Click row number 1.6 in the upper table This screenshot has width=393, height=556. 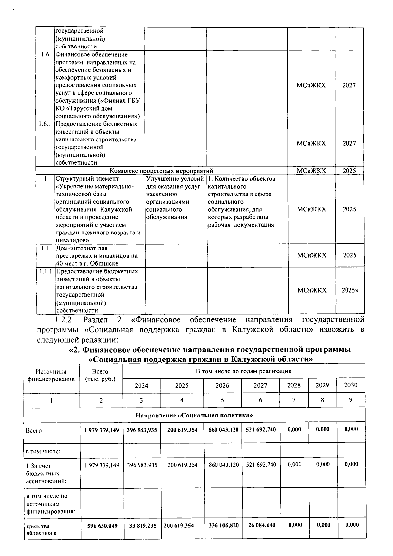[x=45, y=55]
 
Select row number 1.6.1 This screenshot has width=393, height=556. [x=45, y=124]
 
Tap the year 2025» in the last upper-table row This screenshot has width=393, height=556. [x=349, y=290]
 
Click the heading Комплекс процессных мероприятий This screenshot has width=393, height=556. [x=161, y=171]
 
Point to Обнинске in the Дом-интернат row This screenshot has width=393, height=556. [x=106, y=263]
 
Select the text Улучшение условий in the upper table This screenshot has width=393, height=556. [x=175, y=179]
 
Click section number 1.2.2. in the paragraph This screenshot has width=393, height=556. [x=65, y=319]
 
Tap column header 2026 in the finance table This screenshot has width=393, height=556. [x=222, y=386]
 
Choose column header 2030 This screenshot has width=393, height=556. [x=350, y=385]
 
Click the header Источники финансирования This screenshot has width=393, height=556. [x=51, y=375]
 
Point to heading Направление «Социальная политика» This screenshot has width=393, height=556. [x=194, y=415]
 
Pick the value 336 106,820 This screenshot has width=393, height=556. [x=223, y=525]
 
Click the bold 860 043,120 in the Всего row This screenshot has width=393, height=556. [x=223, y=430]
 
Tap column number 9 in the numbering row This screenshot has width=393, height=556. [x=350, y=400]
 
